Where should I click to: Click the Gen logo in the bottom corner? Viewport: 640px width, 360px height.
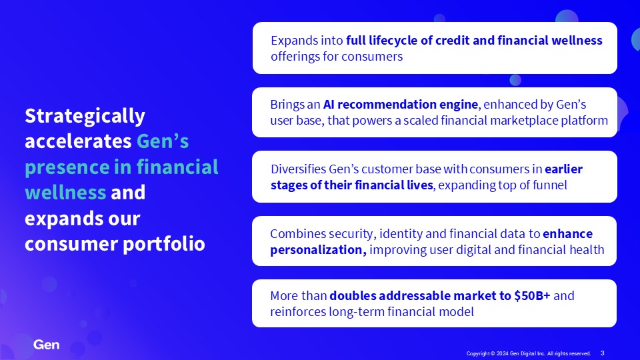(47, 345)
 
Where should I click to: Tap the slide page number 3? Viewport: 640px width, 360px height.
(603, 353)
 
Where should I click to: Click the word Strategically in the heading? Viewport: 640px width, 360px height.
(85, 116)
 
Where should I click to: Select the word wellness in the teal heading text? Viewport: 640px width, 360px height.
(65, 192)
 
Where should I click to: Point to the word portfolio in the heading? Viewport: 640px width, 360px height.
(164, 244)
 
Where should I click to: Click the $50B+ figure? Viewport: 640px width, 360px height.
(532, 295)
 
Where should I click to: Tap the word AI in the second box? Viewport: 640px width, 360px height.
(329, 105)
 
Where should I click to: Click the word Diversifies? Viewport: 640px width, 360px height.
(299, 169)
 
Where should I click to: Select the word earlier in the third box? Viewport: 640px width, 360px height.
(564, 169)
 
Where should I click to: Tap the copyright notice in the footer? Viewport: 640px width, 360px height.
(529, 353)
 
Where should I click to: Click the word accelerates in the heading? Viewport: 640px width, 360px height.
(78, 141)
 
